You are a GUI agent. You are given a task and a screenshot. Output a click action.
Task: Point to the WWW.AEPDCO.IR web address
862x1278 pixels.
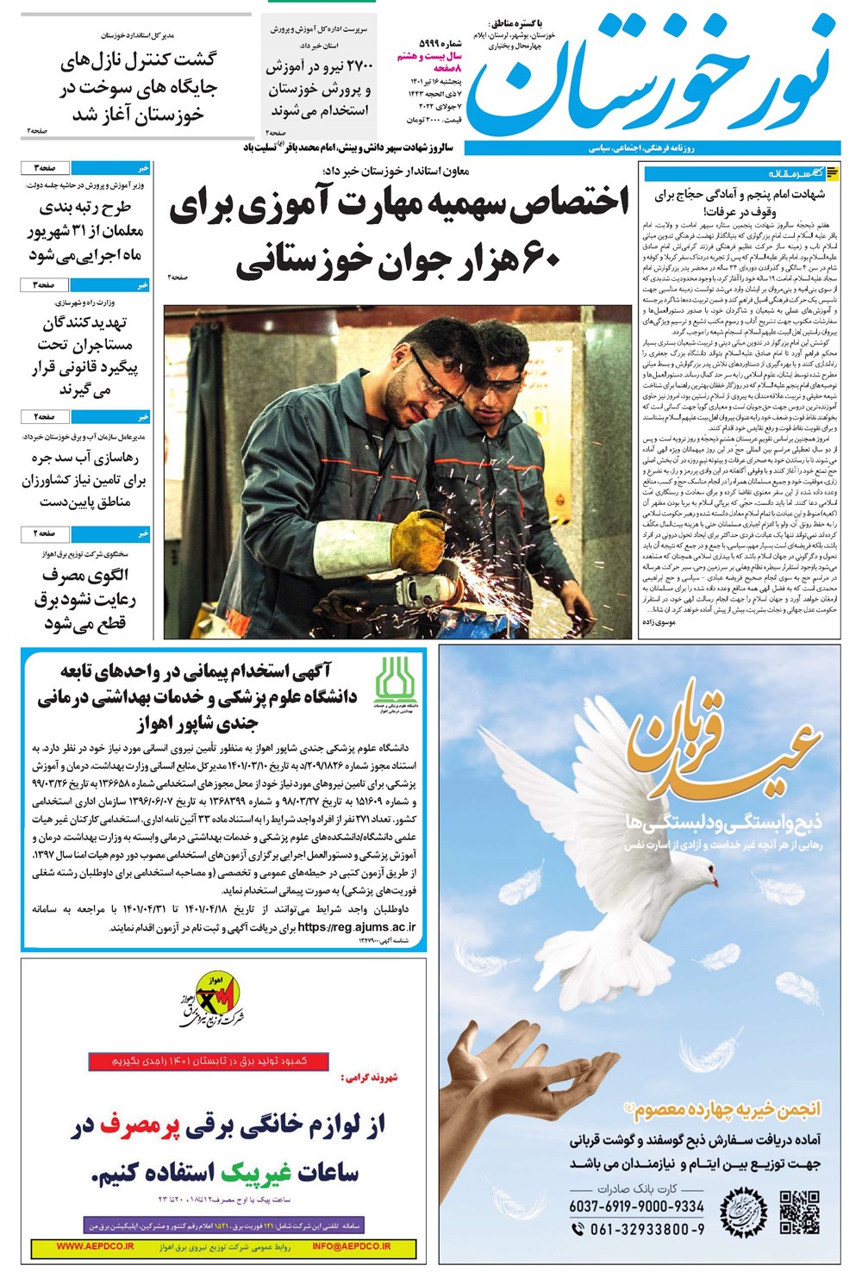[95, 1246]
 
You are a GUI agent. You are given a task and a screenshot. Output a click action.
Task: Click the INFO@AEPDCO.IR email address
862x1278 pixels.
[352, 1246]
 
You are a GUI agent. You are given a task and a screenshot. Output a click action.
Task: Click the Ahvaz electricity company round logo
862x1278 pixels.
[210, 1000]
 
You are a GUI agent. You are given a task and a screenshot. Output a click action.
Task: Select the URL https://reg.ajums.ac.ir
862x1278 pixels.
[357, 927]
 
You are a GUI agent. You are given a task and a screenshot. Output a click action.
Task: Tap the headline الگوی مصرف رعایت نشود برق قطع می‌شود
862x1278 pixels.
[84, 599]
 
